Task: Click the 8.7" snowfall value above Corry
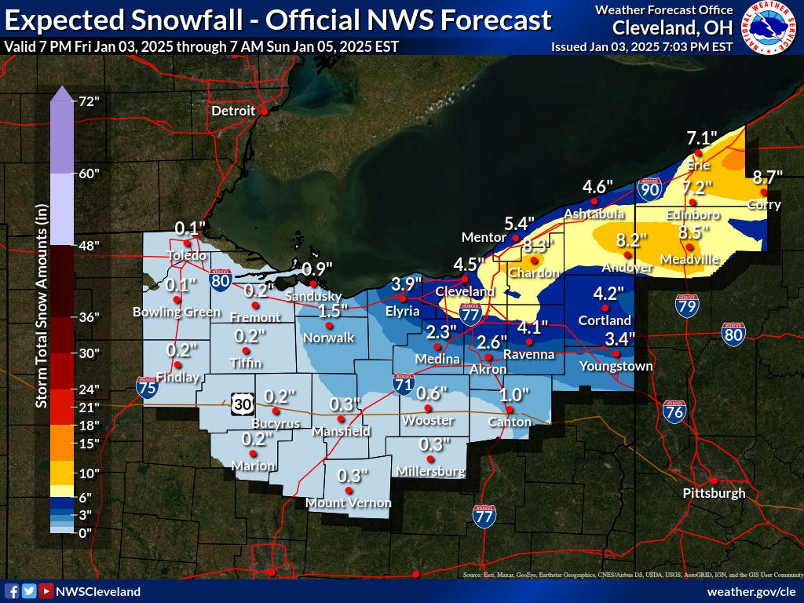point(766,177)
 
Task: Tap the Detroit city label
point(233,111)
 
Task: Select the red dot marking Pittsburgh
point(713,481)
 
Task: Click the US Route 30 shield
point(240,404)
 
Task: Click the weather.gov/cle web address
point(751,591)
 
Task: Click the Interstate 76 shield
point(674,411)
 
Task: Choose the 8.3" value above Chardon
point(538,245)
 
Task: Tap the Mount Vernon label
point(348,502)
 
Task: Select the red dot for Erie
point(698,152)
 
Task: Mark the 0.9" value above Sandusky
point(317,268)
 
